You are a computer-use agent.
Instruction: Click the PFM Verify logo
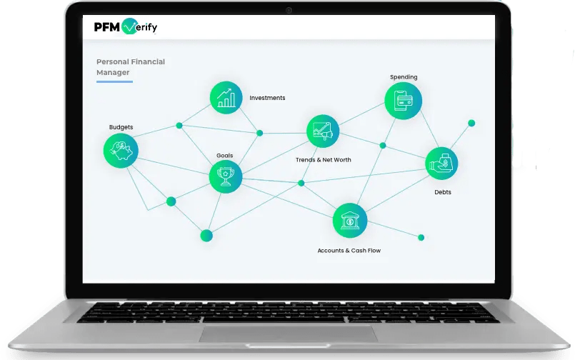click(x=125, y=28)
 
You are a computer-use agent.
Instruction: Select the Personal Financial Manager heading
click(x=131, y=67)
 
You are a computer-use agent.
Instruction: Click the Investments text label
click(x=267, y=98)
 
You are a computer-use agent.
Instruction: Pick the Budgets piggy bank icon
click(x=121, y=150)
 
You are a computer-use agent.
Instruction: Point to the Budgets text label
click(x=121, y=127)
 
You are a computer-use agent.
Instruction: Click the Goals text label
click(x=225, y=155)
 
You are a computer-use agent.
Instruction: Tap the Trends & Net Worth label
click(x=324, y=160)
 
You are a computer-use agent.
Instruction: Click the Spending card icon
click(x=403, y=101)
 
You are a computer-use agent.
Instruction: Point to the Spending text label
click(x=404, y=77)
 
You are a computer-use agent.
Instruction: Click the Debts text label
click(x=443, y=192)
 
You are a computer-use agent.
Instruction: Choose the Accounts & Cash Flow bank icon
click(x=350, y=221)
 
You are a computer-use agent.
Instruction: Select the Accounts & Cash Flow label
click(x=349, y=251)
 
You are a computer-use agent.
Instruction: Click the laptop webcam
click(x=289, y=11)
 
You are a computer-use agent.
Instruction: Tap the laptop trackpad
click(x=289, y=336)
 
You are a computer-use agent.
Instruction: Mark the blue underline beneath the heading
click(x=114, y=81)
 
